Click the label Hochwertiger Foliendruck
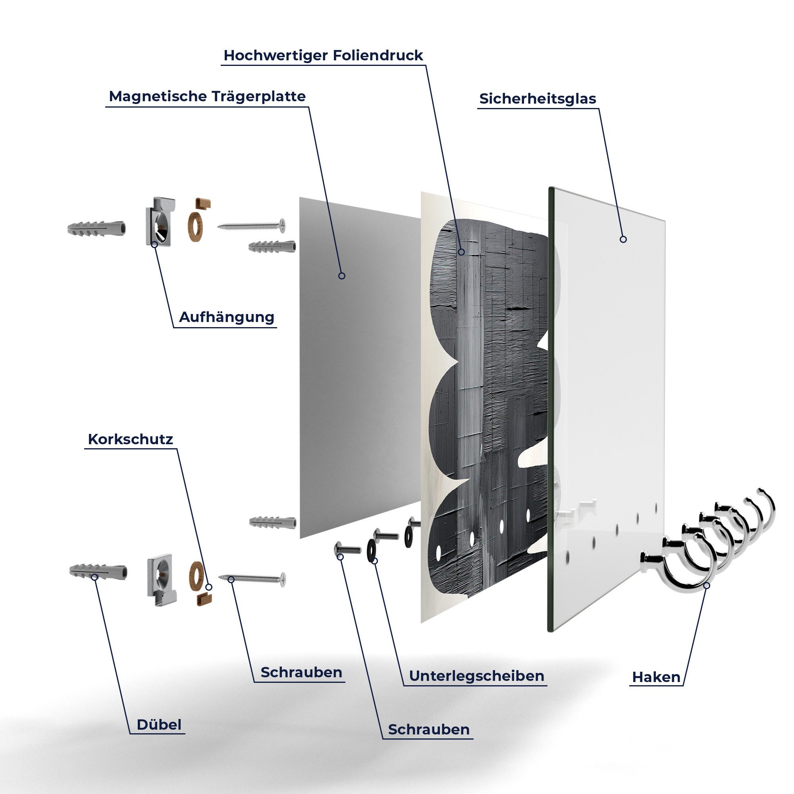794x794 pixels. [x=323, y=56]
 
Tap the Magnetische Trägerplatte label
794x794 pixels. [x=207, y=96]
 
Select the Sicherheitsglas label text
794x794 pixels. [x=538, y=99]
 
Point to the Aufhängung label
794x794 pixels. [x=226, y=317]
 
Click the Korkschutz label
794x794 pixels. [x=130, y=439]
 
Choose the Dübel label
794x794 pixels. [x=159, y=725]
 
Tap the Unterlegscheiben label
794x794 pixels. [x=477, y=676]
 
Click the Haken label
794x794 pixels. [x=656, y=677]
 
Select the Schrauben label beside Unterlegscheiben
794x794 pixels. [x=429, y=729]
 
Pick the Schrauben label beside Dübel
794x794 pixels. [x=301, y=673]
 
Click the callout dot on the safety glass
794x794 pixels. [x=623, y=239]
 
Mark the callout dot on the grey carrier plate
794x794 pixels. [x=341, y=276]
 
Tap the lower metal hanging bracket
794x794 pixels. [x=161, y=577]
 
